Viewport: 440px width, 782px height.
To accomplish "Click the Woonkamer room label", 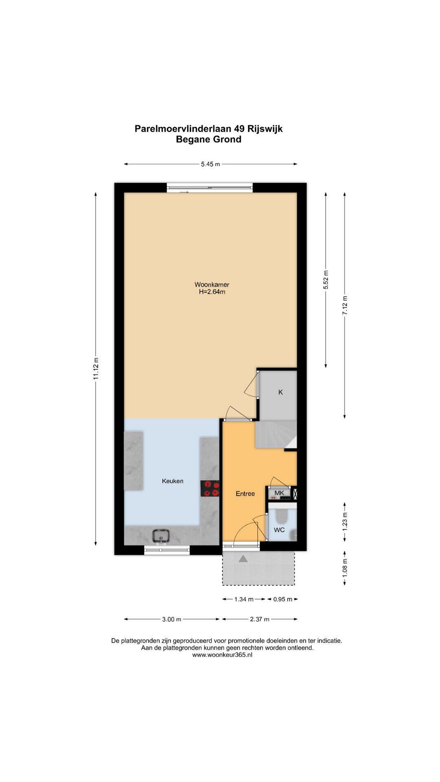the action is coord(211,285).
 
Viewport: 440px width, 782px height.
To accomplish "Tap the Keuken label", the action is coord(172,481).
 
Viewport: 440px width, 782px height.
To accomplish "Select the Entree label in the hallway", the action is coord(245,494).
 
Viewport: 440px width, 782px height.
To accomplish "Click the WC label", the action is coord(279,530).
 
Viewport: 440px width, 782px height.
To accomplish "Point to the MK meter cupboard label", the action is coord(279,493).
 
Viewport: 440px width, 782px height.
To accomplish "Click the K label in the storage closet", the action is coord(280,392).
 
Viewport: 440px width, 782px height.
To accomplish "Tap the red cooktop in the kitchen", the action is coord(210,488).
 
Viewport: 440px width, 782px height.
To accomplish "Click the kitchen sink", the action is coord(161,536).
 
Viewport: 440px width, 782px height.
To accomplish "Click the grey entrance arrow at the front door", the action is coord(243,559).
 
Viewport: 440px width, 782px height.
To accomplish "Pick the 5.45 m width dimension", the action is coord(210,164).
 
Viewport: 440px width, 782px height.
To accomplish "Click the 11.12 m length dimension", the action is coord(96,369).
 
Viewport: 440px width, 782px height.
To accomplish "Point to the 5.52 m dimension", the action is coord(326,280).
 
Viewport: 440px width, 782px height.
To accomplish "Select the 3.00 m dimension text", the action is coord(172,619).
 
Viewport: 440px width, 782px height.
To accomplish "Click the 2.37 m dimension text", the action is coord(260,619).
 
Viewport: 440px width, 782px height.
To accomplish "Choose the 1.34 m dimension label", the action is coord(244,599).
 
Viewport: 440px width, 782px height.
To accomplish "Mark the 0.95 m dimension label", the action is coord(283,599).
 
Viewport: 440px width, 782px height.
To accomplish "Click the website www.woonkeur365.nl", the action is coord(222,655).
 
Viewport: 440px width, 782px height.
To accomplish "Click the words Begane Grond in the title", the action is coord(209,139).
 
